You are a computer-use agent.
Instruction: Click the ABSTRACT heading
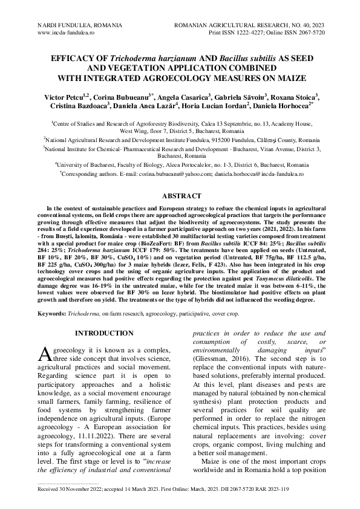[x=180, y=196]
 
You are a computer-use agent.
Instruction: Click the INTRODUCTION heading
[x=103, y=332]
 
